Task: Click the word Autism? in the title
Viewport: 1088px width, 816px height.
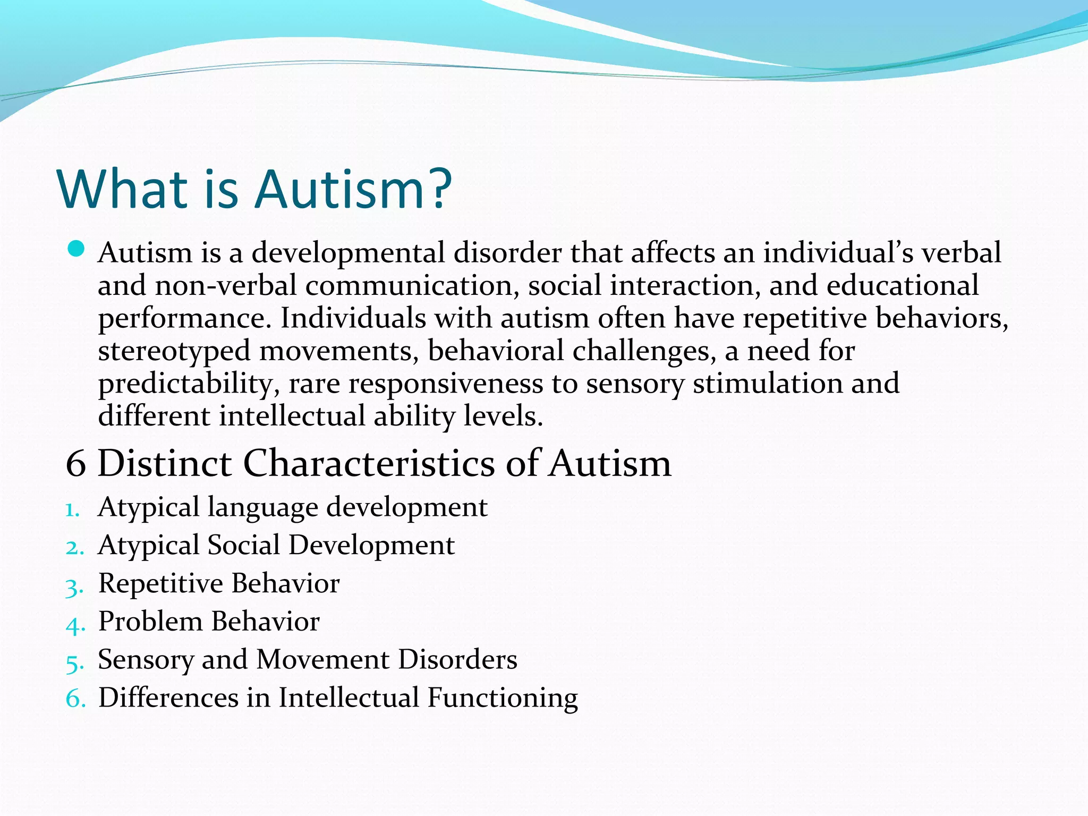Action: tap(353, 189)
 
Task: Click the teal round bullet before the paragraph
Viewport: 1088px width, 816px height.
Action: tap(76, 249)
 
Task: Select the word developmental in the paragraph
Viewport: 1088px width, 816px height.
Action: tap(347, 253)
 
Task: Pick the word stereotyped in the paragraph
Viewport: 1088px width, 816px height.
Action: tap(174, 352)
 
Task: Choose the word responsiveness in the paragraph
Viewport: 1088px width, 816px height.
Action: tap(446, 384)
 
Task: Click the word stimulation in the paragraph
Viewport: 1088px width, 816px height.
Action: tap(768, 384)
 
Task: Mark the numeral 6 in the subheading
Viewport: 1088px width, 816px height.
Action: tap(76, 464)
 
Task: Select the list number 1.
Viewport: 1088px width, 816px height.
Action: tap(72, 510)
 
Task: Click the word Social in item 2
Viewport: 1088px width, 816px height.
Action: tap(244, 546)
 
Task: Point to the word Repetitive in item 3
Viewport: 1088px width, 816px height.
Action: tap(161, 584)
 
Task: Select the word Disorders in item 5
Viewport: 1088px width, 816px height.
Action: tap(457, 660)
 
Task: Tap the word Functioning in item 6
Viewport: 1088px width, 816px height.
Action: tap(503, 699)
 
